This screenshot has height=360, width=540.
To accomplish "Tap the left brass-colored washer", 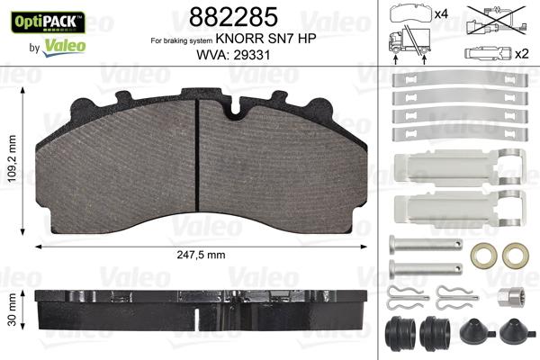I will tap(486, 256).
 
